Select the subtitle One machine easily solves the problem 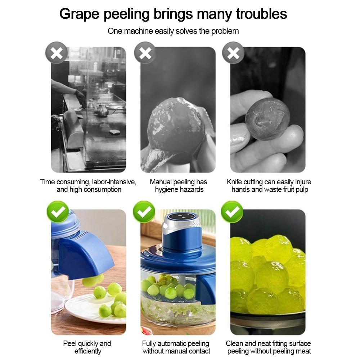(173, 31)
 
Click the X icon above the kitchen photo (57, 53)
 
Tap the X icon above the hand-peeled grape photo (145, 53)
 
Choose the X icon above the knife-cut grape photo (233, 53)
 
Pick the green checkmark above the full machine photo (144, 212)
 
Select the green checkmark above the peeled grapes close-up (232, 212)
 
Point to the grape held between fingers (267, 119)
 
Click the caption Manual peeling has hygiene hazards (178, 186)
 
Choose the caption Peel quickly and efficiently (87, 347)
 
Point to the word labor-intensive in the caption (114, 182)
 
